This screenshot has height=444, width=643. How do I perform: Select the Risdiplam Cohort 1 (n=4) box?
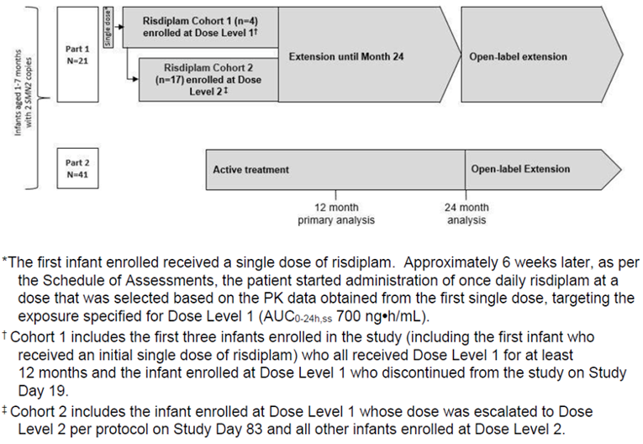[200, 27]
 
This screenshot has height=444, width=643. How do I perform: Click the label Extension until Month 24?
[346, 56]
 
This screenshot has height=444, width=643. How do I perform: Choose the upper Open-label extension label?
[518, 56]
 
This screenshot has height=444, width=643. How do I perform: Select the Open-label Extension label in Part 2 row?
[519, 169]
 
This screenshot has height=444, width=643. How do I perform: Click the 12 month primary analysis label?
[335, 214]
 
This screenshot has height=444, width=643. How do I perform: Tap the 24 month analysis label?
[466, 214]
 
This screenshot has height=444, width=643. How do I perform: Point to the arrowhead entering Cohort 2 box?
[134, 77]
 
